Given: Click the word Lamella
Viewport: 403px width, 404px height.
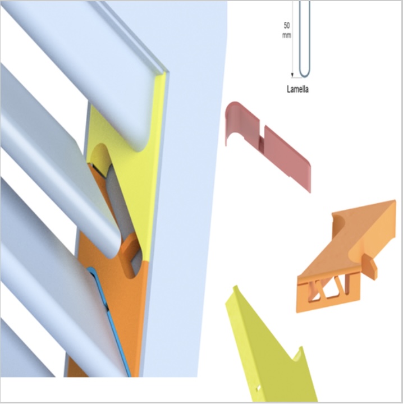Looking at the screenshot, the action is point(297,89).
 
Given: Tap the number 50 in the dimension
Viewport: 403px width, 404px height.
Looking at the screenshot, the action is point(286,25).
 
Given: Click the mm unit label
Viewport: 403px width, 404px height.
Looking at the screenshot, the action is point(287,35).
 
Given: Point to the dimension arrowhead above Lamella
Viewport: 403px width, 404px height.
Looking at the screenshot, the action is point(292,75).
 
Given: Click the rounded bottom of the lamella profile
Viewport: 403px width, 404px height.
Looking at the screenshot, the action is point(305,75).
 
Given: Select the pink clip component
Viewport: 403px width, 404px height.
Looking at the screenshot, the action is point(268,144).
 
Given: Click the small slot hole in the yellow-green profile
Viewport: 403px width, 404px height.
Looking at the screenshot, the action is point(258,388).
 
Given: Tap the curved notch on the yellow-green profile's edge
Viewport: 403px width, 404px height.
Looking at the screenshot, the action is point(297,354).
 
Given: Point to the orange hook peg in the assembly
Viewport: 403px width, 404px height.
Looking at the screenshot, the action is point(129,255).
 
